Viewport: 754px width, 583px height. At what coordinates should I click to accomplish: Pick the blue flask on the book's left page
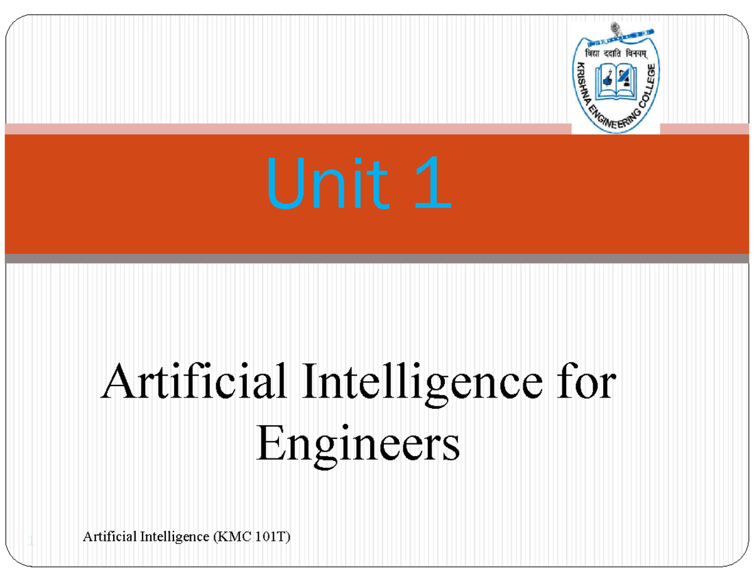606,79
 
